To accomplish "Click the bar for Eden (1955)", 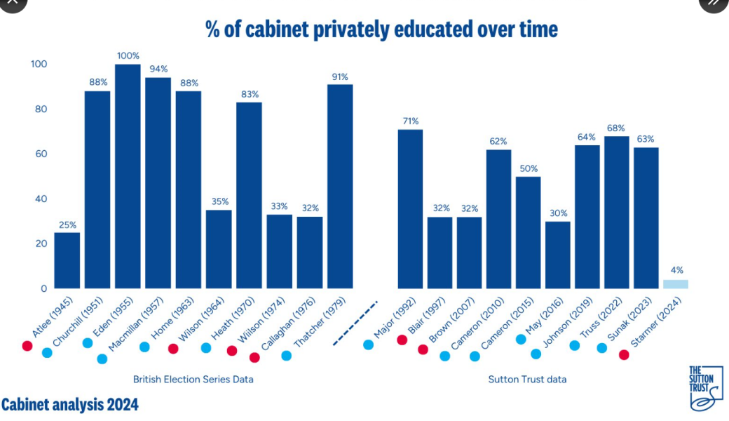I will pos(128,175).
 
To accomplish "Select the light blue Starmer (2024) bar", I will pos(676,284).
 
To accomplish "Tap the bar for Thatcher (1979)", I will pos(340,186).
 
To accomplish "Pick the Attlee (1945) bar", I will pos(67,260).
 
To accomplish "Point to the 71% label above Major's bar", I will pos(410,121).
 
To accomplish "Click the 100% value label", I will pos(128,55).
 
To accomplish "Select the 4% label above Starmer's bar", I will pos(676,269).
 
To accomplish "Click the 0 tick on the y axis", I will pos(43,288).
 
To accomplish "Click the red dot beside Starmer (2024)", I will pos(624,355).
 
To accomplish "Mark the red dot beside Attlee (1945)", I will pos(27,346).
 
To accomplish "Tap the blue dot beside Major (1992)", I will pos(368,345).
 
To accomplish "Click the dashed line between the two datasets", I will pos(355,323).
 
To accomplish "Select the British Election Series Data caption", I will pos(193,380).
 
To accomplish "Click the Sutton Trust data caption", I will pos(527,380).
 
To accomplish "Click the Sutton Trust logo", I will pos(704,388).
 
